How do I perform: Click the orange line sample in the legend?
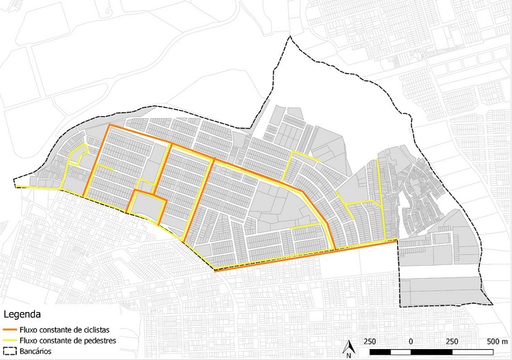(12, 329)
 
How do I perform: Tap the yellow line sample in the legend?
(12, 340)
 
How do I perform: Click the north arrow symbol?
(348, 348)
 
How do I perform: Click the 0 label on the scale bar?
(410, 341)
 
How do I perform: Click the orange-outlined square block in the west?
(147, 206)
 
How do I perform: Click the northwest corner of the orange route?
(109, 126)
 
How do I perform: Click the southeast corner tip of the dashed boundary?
(492, 303)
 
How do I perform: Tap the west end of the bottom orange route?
(215, 271)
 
